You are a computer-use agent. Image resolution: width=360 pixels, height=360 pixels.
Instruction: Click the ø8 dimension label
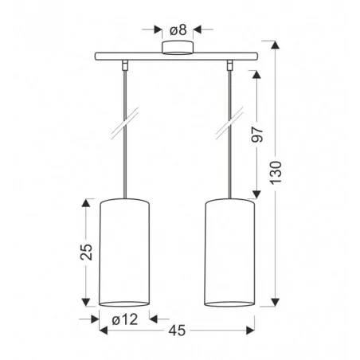(x=178, y=30)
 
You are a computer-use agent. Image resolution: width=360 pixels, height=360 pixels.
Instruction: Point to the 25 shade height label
(x=87, y=251)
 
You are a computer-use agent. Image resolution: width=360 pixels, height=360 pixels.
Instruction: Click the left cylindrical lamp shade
(x=123, y=251)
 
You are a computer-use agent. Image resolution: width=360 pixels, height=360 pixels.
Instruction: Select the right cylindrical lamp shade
(x=229, y=251)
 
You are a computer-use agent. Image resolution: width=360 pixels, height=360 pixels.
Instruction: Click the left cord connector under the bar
(x=125, y=63)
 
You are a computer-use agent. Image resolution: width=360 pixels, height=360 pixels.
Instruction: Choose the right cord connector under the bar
(x=231, y=63)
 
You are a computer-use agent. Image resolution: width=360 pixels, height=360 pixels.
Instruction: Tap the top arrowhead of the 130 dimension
(x=276, y=49)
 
